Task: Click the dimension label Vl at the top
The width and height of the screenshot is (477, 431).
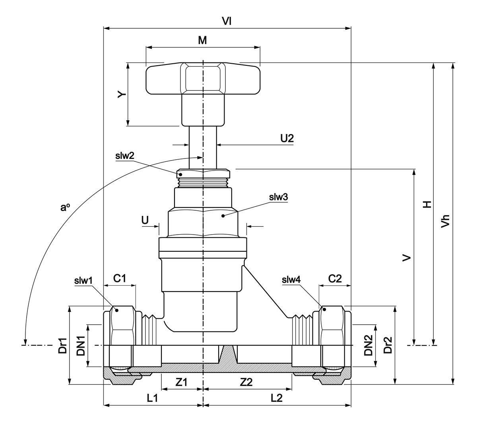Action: [x=227, y=22]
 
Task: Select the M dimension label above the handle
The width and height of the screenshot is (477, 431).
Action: [x=203, y=40]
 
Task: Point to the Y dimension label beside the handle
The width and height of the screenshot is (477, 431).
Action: [x=122, y=94]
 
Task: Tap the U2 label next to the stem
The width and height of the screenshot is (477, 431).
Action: [x=287, y=138]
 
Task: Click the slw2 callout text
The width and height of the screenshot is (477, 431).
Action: [x=124, y=156]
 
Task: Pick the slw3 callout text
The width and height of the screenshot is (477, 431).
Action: [x=278, y=197]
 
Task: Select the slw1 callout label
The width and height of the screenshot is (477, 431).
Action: [x=83, y=280]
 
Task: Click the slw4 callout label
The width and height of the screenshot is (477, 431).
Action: [x=291, y=280]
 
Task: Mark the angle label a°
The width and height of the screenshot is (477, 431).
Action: [x=65, y=207]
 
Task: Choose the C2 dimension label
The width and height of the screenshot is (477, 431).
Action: [x=335, y=278]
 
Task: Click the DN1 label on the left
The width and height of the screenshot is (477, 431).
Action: [x=81, y=345]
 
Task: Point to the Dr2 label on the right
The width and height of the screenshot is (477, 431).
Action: [x=388, y=345]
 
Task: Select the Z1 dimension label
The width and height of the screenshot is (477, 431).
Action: [x=181, y=382]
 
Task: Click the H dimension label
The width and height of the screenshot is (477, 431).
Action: [x=427, y=204]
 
